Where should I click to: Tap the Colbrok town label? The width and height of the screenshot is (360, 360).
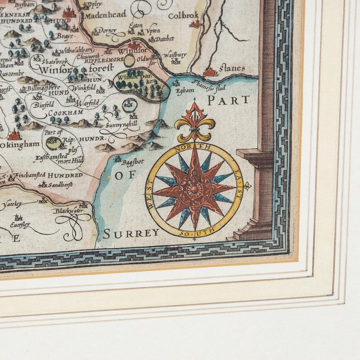[x=184, y=15]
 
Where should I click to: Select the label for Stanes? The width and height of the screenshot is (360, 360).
[x=231, y=68]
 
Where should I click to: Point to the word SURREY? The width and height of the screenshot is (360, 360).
[x=131, y=233]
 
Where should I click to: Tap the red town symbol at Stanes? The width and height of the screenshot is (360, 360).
[x=210, y=72]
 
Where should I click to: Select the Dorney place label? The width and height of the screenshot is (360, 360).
[x=107, y=31]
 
